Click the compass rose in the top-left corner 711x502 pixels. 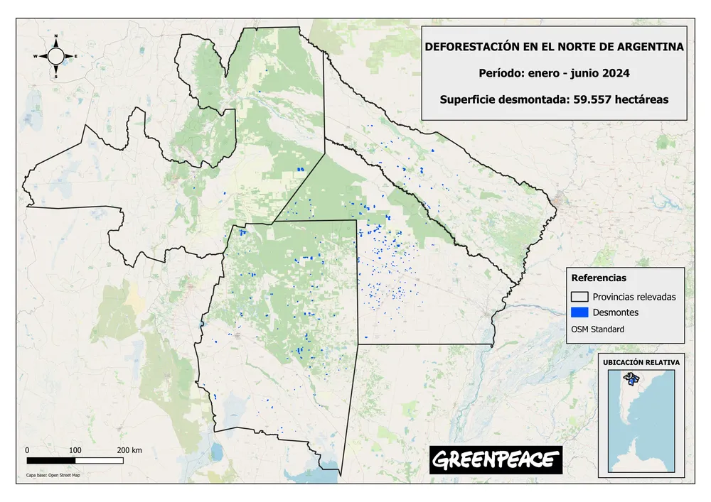pyautogui.click(x=56, y=55)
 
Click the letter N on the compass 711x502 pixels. pyautogui.click(x=56, y=36)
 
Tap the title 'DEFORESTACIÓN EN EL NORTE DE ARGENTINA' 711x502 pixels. pyautogui.click(x=554, y=47)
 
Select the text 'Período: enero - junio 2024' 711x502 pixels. pyautogui.click(x=554, y=73)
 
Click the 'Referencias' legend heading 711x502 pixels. pyautogui.click(x=599, y=278)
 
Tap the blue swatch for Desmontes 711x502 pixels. pyautogui.click(x=580, y=312)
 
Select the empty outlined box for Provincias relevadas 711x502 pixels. pyautogui.click(x=580, y=296)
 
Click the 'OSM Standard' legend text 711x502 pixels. pyautogui.click(x=597, y=329)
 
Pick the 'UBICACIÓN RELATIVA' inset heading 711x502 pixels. pyautogui.click(x=641, y=362)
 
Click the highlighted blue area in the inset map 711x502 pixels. pyautogui.click(x=629, y=381)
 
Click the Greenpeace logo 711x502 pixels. pyautogui.click(x=496, y=460)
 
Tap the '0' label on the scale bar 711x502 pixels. pyautogui.click(x=27, y=450)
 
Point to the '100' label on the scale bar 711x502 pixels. pyautogui.click(x=75, y=450)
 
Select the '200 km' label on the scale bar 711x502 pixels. pyautogui.click(x=129, y=450)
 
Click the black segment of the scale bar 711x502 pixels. pyautogui.click(x=50, y=460)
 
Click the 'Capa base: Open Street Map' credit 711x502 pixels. pyautogui.click(x=53, y=475)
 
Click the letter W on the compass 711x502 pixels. pyautogui.click(x=35, y=55)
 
